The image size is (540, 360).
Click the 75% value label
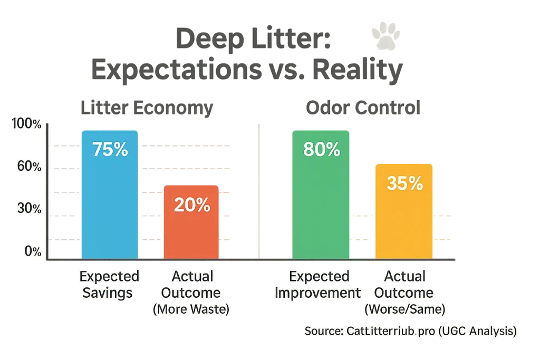coord(110,150)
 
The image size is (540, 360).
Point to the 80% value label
coord(321,150)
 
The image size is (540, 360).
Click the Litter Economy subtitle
coord(147,108)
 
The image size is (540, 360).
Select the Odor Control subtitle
coord(363,108)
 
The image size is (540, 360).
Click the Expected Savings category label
coord(110,284)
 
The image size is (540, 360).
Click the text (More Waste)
coord(191,310)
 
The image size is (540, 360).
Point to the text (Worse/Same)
coord(405,310)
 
